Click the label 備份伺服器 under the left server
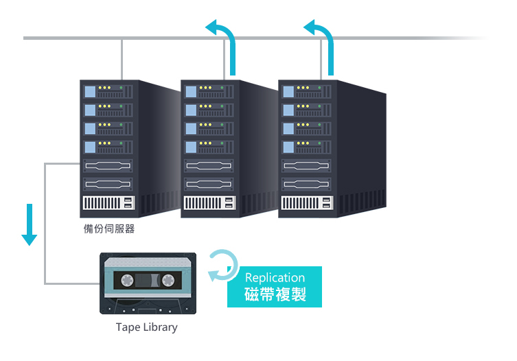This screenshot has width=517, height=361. [109, 229]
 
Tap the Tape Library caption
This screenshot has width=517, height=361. [147, 327]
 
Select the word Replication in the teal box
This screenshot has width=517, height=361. [275, 278]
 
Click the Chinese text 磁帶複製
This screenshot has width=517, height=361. [275, 294]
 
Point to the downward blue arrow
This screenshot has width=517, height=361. [30, 224]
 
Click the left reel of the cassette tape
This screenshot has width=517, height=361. [127, 280]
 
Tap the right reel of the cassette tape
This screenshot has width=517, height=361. [168, 280]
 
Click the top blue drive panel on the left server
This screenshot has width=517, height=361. [90, 92]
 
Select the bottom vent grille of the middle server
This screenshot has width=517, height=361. [209, 202]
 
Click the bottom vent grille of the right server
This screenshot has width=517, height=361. [307, 202]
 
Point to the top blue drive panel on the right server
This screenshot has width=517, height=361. [288, 92]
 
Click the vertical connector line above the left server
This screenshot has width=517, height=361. [122, 60]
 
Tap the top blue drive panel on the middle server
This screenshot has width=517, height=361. [191, 92]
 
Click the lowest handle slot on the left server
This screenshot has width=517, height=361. [108, 185]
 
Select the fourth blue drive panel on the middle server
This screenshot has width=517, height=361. [191, 147]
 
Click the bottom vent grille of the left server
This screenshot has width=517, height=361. [108, 202]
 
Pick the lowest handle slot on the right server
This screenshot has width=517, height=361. [306, 185]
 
